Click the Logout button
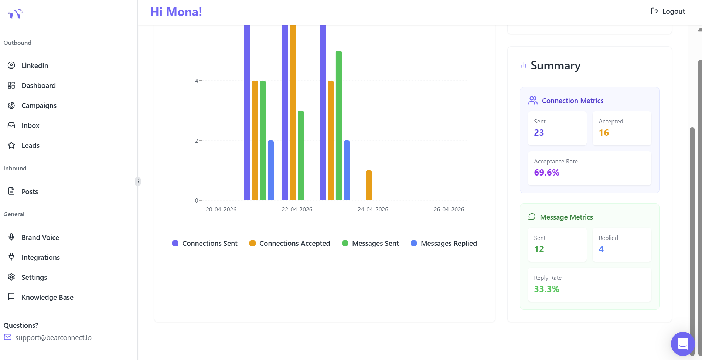click(668, 11)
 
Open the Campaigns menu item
click(39, 106)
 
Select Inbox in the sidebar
click(30, 126)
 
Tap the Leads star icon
click(11, 145)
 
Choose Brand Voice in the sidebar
click(40, 237)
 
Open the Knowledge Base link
click(47, 297)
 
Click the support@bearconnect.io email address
click(53, 337)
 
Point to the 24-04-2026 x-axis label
click(373, 210)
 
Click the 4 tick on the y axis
click(197, 81)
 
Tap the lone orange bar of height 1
click(369, 185)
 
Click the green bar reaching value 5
click(339, 126)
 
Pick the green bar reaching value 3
click(301, 155)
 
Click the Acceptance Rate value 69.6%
click(546, 173)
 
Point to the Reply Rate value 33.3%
click(546, 289)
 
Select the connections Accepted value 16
click(604, 133)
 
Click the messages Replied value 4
click(601, 249)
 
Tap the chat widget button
click(682, 344)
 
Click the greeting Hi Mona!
click(176, 12)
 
